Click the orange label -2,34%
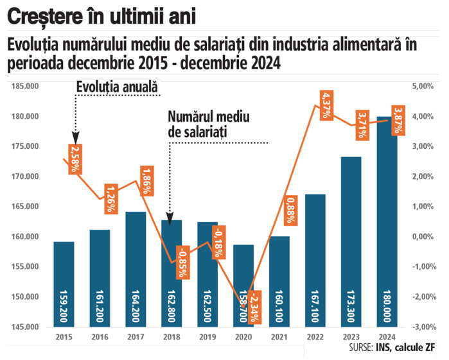(254, 307)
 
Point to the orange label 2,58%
(75, 159)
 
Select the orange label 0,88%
(290, 209)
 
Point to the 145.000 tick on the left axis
(24, 327)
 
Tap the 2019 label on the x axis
(207, 336)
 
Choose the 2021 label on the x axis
(279, 336)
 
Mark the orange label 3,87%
(397, 119)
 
